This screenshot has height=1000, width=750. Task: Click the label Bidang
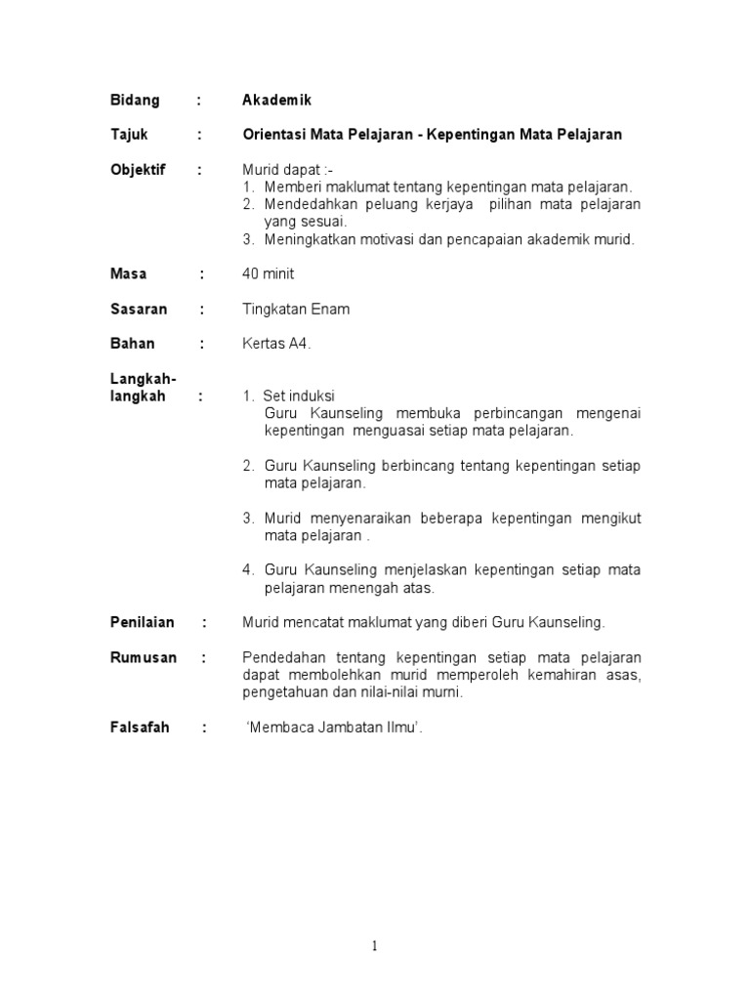pos(134,100)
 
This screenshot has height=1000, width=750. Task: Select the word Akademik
pos(277,100)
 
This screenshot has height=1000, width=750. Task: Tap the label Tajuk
pos(129,135)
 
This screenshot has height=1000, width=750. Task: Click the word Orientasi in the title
pos(275,135)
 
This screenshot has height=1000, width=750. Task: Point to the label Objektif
pos(138,170)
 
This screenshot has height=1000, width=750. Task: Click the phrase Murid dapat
pos(284,170)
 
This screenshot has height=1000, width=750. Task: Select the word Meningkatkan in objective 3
pos(308,239)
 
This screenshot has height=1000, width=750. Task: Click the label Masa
pos(128,274)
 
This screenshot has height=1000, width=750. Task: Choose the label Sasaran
pos(138,310)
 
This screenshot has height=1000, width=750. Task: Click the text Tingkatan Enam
pos(296,310)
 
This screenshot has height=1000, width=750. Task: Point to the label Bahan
pos(132,344)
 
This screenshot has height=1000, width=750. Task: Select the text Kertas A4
pos(276,344)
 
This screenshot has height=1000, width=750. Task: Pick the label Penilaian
pos(142,622)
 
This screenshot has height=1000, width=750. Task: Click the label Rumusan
pos(143,657)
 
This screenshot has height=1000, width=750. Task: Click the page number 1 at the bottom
pos(375,945)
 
